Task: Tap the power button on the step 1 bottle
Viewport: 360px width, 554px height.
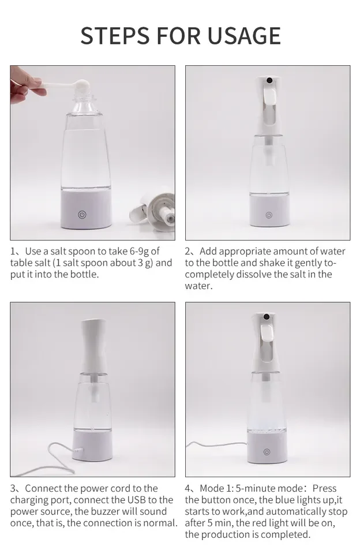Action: (82, 215)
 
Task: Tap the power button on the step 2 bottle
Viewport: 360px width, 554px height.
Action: (268, 215)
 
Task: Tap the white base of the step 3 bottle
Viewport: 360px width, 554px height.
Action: (92, 444)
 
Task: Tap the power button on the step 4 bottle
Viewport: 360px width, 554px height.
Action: (267, 452)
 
